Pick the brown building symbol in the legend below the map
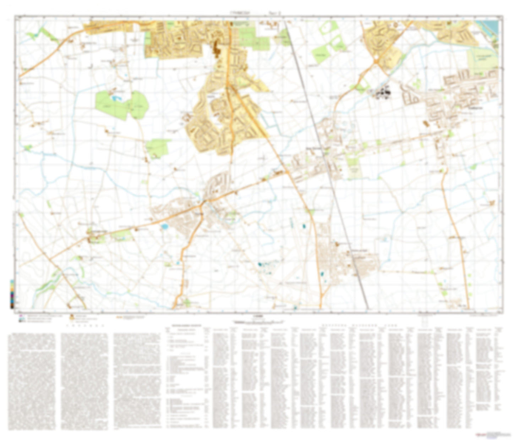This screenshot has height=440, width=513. pos(72,317)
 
